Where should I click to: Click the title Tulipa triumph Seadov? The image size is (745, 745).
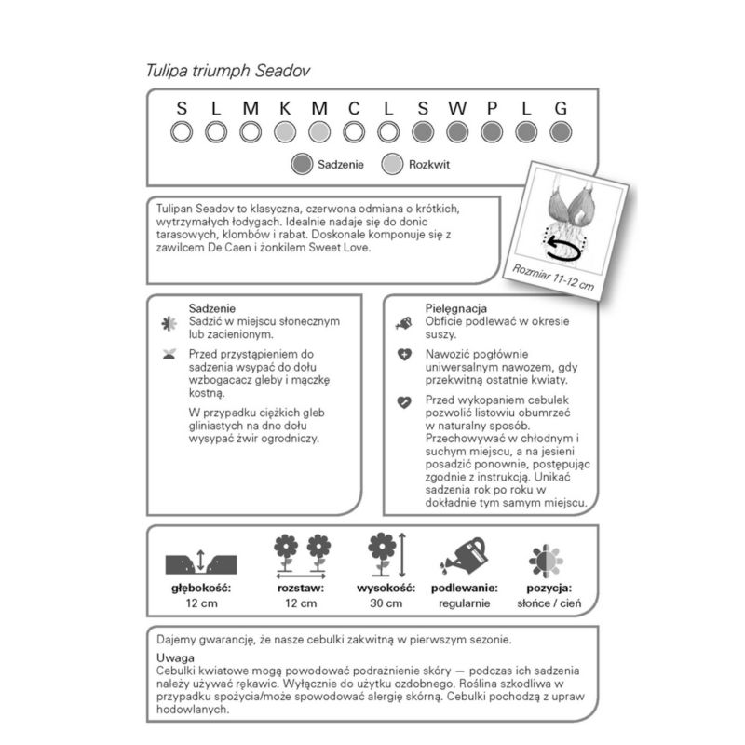click(228, 70)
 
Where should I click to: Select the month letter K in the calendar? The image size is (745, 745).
click(284, 108)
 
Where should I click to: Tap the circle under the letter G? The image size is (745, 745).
click(561, 132)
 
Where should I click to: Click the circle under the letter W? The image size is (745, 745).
click(457, 132)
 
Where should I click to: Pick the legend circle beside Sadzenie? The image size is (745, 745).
click(300, 165)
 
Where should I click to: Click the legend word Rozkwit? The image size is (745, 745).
click(430, 166)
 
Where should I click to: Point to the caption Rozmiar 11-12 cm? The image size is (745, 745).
click(553, 278)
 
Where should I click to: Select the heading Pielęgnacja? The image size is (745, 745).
click(457, 308)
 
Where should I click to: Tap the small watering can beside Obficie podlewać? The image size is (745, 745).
click(403, 323)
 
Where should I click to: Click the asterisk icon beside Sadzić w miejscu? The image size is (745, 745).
click(169, 323)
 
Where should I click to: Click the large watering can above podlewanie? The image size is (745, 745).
click(463, 556)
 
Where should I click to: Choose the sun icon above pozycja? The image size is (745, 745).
click(548, 561)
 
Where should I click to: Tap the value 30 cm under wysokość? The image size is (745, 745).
click(384, 603)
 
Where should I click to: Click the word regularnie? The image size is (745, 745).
click(464, 603)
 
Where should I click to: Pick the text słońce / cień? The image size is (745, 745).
click(548, 603)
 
